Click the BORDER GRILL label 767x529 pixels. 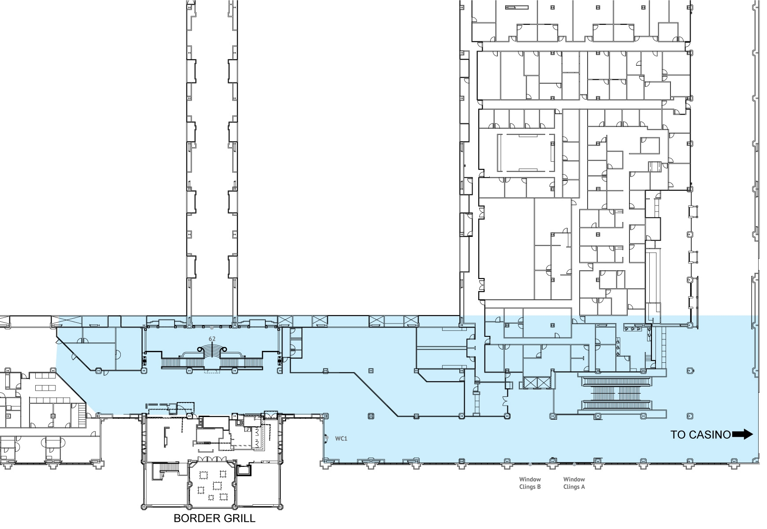(x=214, y=518)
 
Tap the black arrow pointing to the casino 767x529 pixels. (x=742, y=435)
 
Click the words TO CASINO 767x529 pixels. (x=700, y=435)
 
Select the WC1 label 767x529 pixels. (x=341, y=439)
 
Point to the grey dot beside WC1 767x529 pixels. (x=327, y=437)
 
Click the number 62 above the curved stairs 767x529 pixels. (x=212, y=339)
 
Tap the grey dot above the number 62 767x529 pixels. (x=212, y=328)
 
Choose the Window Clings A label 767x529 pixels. (x=574, y=483)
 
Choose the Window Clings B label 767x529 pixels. (x=530, y=483)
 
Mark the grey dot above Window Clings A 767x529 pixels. (x=574, y=464)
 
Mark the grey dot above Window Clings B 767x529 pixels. (x=530, y=464)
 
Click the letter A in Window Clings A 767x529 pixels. (x=583, y=487)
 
